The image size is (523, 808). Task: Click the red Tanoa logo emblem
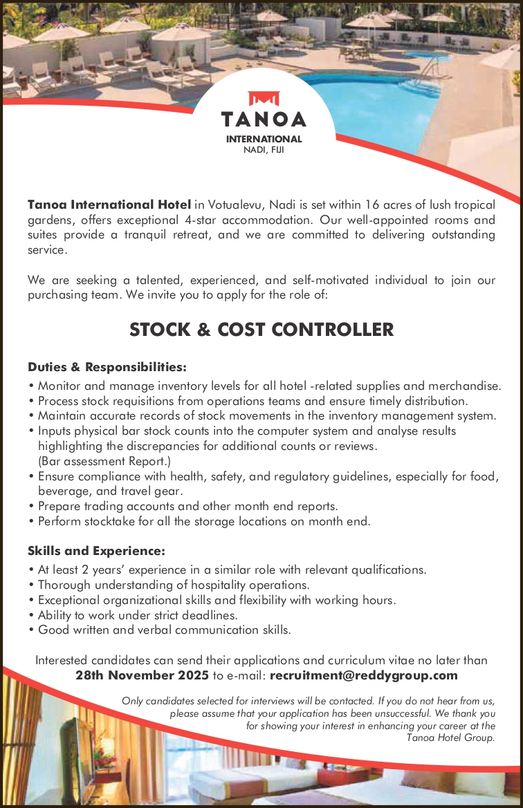(263, 100)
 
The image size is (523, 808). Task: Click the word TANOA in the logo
(264, 120)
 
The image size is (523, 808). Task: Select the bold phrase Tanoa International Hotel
(109, 205)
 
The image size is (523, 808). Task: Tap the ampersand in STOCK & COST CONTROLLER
(203, 330)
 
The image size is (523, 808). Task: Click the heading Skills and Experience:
(96, 551)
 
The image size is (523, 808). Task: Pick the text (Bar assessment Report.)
(104, 460)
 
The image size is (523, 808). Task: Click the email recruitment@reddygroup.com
(364, 675)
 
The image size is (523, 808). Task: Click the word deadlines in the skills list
(208, 614)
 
